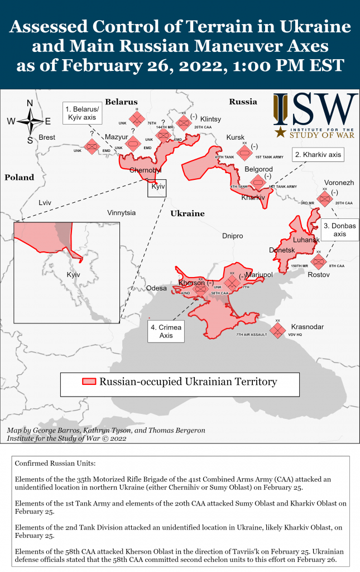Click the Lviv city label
click(x=45, y=202)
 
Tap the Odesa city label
click(x=156, y=288)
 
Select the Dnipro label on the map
click(x=232, y=236)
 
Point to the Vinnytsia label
click(x=121, y=213)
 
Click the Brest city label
click(x=47, y=137)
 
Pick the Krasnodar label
click(x=307, y=327)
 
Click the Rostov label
click(x=319, y=275)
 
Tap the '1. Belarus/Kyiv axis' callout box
click(x=82, y=113)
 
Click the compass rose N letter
click(x=30, y=103)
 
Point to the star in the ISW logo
click(x=280, y=132)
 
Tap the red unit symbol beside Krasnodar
click(x=278, y=330)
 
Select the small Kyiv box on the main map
click(x=157, y=187)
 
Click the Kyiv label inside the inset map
click(x=73, y=275)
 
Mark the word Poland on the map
click(x=20, y=178)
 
